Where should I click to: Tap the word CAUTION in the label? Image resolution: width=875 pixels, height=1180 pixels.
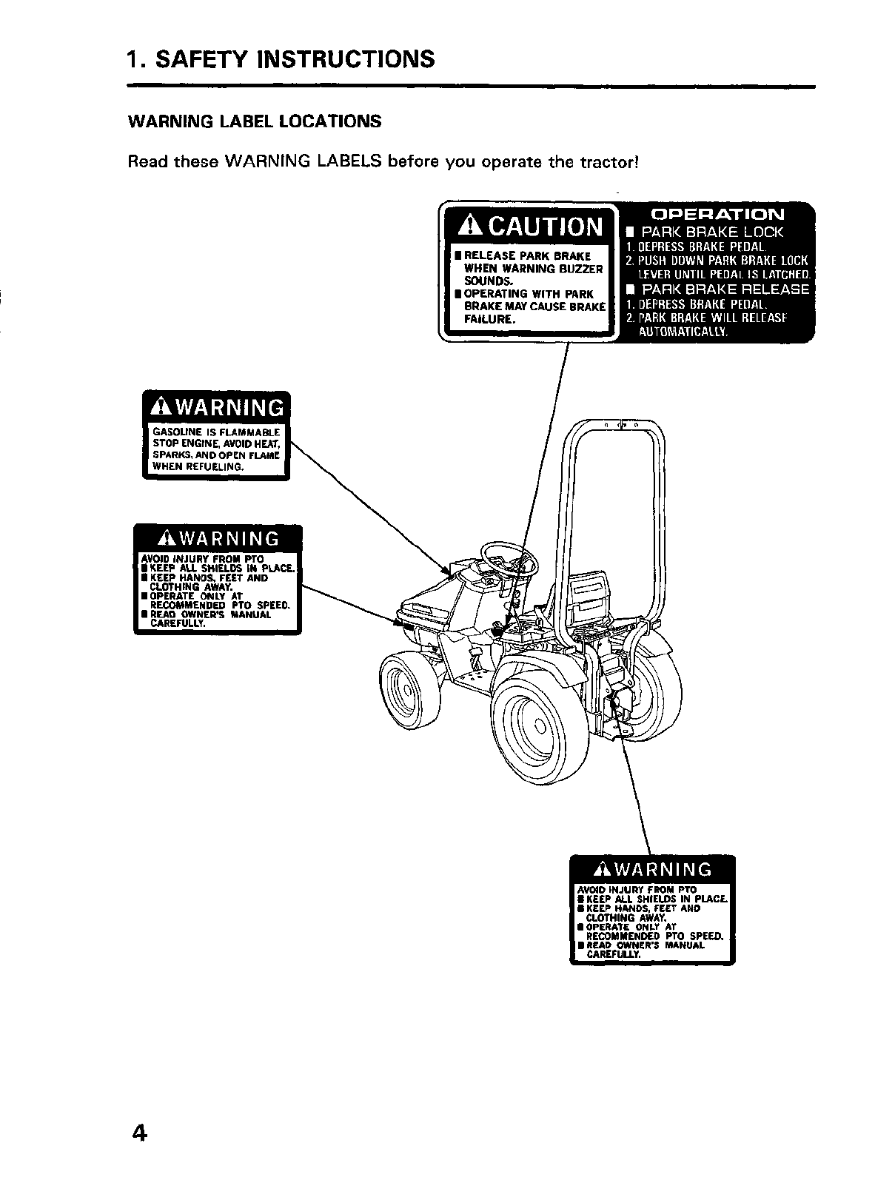tap(546, 226)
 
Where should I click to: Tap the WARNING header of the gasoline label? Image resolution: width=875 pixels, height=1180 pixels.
tap(216, 408)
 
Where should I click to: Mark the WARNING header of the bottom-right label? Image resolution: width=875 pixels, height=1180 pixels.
tap(653, 869)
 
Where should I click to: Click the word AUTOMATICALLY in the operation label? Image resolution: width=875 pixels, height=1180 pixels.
tap(683, 332)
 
